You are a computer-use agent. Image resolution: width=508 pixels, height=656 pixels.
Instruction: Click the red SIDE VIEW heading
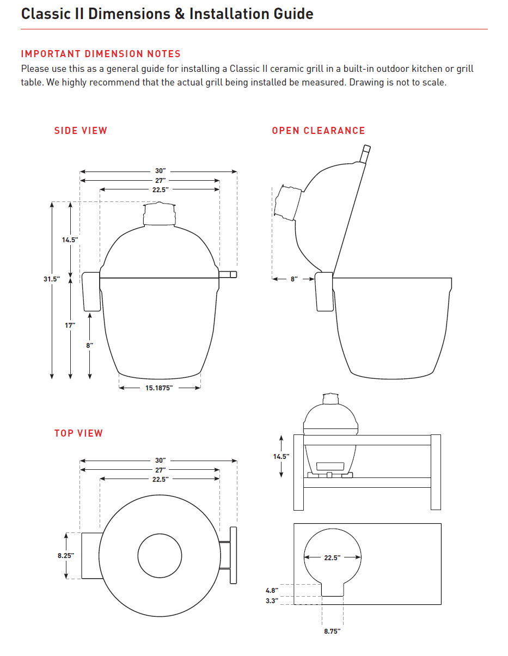[x=81, y=131]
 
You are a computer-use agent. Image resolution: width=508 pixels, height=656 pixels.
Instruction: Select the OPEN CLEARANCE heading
[x=318, y=131]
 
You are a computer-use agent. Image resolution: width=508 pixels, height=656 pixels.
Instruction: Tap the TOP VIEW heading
[x=78, y=433]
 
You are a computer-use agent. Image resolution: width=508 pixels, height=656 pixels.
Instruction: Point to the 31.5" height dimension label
[x=52, y=279]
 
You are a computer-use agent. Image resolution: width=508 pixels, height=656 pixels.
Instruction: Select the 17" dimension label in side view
[x=70, y=325]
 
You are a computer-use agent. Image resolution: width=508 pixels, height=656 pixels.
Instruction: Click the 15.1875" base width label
[x=159, y=388]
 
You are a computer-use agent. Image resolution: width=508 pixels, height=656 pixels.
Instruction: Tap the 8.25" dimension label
[x=66, y=556]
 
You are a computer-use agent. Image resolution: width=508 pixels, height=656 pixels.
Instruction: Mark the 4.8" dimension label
[x=272, y=591]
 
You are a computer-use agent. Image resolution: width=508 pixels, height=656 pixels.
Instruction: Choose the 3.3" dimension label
[x=272, y=600]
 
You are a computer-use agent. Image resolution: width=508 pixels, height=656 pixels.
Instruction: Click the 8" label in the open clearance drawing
[x=293, y=279]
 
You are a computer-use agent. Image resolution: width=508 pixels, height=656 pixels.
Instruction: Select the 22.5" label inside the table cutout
[x=332, y=557]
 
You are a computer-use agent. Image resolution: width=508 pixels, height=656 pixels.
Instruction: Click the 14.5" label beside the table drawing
[x=281, y=457]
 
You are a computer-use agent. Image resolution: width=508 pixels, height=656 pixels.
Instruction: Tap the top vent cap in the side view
[x=159, y=214]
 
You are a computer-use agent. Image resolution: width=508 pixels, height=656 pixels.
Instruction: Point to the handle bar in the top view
[x=234, y=555]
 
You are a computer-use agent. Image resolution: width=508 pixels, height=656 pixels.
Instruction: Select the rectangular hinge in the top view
[x=90, y=556]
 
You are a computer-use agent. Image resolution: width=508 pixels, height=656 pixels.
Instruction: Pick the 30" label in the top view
[x=160, y=461]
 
